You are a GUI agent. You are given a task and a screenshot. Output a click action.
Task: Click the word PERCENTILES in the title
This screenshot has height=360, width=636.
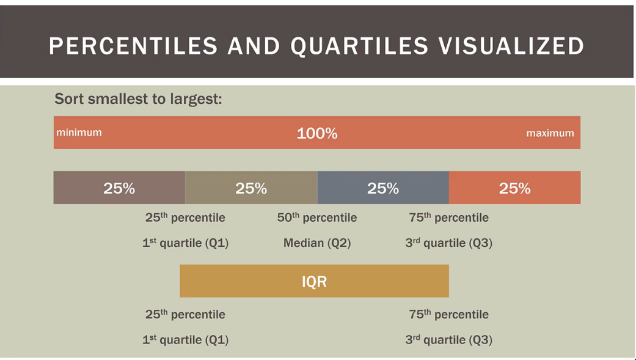[x=133, y=46]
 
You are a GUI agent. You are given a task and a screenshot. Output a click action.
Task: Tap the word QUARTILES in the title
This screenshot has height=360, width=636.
[x=360, y=46]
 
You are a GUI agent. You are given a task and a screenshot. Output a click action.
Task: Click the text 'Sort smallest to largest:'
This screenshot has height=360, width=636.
[x=138, y=99]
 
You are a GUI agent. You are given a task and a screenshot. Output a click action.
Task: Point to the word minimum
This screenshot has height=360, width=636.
[x=79, y=132]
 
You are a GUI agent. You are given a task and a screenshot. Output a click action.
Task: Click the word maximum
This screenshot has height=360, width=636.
[x=550, y=133]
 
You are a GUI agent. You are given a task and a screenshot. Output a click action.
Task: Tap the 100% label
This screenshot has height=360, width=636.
[x=317, y=133]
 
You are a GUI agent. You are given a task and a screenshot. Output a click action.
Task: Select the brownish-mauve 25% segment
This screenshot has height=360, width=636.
[x=119, y=188]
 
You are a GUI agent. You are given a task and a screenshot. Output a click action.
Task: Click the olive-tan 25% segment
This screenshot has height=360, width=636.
[x=251, y=188]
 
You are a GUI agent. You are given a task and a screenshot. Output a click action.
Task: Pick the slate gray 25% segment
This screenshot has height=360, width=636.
[x=383, y=188]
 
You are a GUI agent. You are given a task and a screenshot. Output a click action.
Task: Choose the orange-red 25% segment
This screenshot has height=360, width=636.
[x=514, y=188]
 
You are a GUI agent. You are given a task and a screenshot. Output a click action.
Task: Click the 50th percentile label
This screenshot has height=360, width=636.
[x=317, y=218]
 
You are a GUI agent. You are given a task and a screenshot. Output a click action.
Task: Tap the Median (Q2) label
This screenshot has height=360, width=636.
[x=317, y=243]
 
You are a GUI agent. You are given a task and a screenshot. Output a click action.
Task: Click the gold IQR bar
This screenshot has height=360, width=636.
[x=315, y=281]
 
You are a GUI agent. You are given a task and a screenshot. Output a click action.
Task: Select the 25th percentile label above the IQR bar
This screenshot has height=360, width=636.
[x=185, y=218]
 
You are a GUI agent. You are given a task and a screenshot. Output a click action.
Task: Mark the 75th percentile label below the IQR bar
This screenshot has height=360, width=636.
[x=449, y=314]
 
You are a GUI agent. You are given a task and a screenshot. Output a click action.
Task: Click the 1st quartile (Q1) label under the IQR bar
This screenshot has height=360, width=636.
[x=185, y=339]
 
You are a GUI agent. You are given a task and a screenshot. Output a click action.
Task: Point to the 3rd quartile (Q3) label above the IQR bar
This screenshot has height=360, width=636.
[x=449, y=243]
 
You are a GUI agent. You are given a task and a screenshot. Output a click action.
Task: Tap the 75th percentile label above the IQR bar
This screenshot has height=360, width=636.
[x=449, y=218]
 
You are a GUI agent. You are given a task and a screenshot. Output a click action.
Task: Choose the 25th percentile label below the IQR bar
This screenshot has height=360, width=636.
[x=185, y=314]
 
